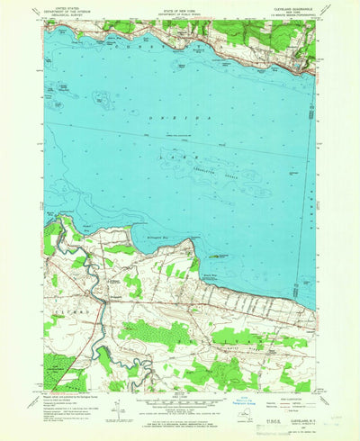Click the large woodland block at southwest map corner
(58, 369)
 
